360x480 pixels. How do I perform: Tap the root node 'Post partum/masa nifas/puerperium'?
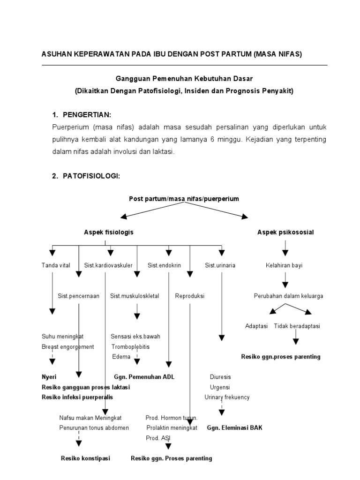click(184, 199)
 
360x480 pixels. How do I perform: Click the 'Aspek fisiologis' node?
click(109, 232)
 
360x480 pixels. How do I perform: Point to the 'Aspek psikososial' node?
click(285, 232)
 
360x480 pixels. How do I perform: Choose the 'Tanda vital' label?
click(56, 265)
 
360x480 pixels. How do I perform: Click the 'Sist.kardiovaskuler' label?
click(108, 265)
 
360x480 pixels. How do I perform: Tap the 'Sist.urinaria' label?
click(220, 265)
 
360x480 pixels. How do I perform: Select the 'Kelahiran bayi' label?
click(284, 265)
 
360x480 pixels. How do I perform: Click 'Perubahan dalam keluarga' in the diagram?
click(288, 296)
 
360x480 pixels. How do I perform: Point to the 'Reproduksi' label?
click(190, 296)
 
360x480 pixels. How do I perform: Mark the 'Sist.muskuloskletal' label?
click(135, 296)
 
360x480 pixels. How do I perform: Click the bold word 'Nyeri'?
click(49, 376)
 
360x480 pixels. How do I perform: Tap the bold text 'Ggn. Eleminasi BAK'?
click(235, 427)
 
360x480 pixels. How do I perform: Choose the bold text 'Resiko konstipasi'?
click(86, 458)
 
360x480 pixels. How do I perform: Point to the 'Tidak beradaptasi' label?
click(297, 325)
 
